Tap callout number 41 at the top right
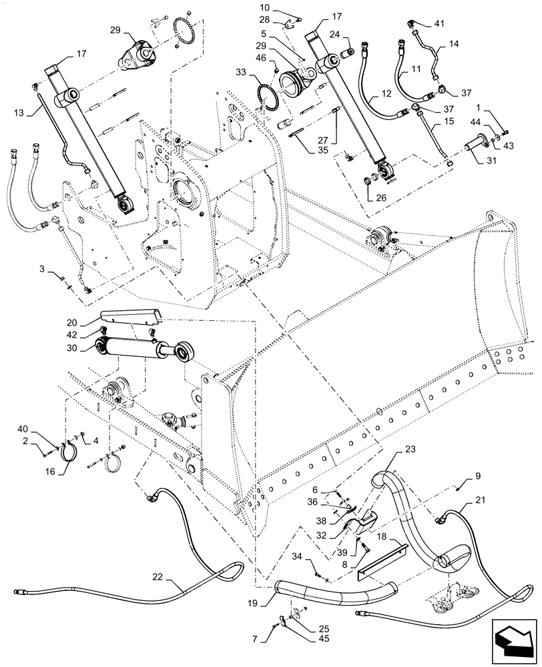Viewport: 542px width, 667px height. (439, 23)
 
